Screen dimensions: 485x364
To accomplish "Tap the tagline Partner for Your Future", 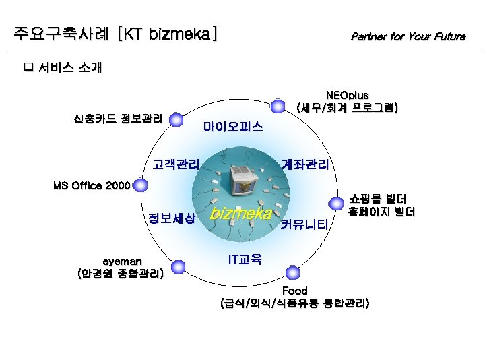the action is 408,36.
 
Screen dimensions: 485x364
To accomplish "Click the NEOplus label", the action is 347,96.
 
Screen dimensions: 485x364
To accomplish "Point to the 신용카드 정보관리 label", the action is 117,119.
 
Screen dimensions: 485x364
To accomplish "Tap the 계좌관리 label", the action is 305,164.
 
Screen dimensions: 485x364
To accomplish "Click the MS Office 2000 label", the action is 91,185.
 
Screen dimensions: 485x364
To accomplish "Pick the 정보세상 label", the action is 172,218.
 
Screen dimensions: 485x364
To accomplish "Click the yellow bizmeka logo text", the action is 240,214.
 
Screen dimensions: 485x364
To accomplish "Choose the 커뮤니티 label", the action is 306,224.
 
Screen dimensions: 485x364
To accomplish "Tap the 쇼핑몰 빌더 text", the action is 377,199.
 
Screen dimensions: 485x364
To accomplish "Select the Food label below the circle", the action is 294,291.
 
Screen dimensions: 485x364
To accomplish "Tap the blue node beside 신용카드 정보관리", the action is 176,120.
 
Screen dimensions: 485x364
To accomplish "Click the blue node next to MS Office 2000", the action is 140,185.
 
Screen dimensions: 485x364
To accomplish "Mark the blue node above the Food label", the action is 292,273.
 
